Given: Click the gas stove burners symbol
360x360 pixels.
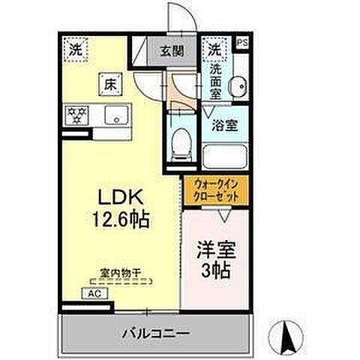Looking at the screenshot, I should pos(78,115).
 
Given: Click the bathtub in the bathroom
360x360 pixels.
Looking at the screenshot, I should pos(223,157).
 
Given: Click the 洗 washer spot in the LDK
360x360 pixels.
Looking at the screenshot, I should pos(76,50).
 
